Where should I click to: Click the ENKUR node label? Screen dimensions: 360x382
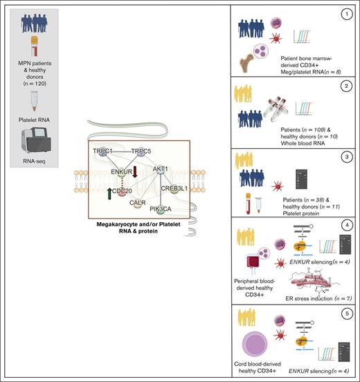coord(121,172)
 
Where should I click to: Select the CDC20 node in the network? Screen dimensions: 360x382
coord(122,191)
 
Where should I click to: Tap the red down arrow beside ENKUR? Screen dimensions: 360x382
coord(135,172)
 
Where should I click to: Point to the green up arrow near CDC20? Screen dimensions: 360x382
coord(109,194)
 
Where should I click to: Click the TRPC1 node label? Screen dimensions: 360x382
coord(102,151)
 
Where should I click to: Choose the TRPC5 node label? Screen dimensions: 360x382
coord(141,152)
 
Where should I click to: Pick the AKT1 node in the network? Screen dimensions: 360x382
coord(161,169)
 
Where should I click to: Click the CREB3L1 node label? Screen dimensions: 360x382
coord(174,188)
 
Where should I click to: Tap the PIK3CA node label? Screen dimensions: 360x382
coord(161,209)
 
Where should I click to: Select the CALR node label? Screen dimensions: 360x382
coord(138,203)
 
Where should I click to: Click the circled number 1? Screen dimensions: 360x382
coord(347,15)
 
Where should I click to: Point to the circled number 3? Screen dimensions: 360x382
coord(347,157)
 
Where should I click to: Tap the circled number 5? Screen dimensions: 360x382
coord(347,313)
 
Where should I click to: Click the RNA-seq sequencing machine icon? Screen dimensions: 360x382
coord(36,140)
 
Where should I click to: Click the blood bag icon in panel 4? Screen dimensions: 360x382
coord(253,263)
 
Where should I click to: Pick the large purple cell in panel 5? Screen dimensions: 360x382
coord(255,344)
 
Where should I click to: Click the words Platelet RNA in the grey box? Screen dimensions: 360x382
coord(34,120)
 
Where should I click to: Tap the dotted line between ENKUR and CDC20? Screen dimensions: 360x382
coord(122,182)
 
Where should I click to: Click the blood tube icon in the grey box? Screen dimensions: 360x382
coord(35,46)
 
